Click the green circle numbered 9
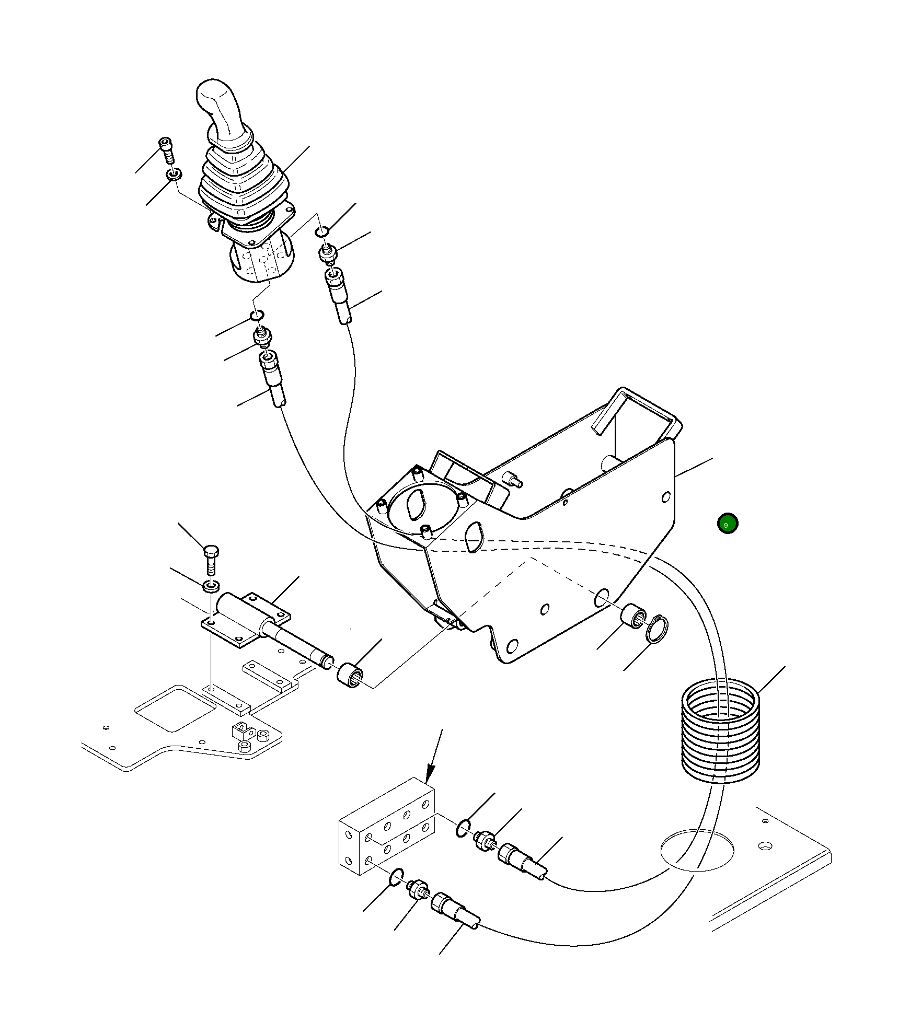pyautogui.click(x=728, y=524)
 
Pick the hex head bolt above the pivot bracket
pyautogui.click(x=211, y=559)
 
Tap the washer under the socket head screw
pyautogui.click(x=174, y=173)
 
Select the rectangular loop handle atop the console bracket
pyautogui.click(x=638, y=413)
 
